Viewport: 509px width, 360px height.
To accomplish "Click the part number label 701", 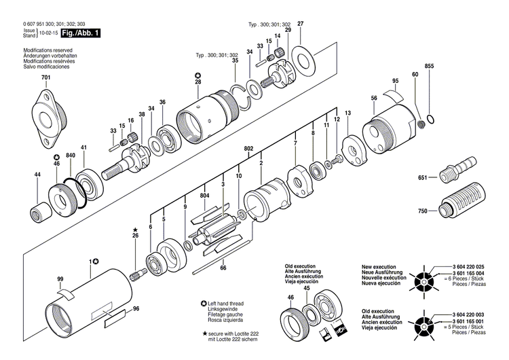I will coord(45,79).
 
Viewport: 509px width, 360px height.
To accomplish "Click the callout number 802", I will coord(249,148).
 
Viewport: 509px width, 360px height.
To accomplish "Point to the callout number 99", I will coord(60,280).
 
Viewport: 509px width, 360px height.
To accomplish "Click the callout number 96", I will coord(136,310).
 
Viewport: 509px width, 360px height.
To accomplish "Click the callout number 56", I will coord(374,98).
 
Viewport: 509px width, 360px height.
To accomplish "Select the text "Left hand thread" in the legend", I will coord(229,303).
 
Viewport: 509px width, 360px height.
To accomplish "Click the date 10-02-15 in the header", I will coord(48,33).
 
